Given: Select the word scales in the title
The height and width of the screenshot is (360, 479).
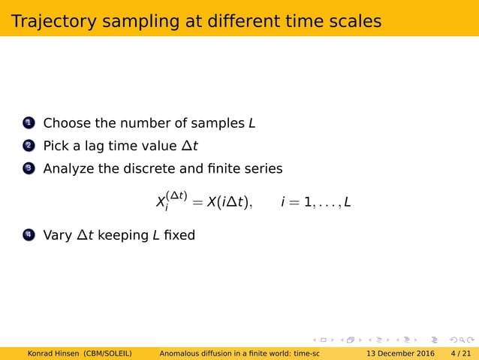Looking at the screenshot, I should (353, 21).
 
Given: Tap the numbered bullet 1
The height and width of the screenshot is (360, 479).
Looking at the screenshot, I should (28, 123).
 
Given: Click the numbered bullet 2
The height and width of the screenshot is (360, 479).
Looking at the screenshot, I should (28, 145).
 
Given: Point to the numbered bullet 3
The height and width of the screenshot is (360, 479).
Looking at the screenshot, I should (28, 168).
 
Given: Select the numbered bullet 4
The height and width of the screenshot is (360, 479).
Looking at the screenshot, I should (28, 235).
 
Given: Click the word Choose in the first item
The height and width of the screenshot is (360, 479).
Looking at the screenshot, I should (65, 123).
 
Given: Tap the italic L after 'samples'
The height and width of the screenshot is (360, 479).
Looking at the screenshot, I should (252, 123).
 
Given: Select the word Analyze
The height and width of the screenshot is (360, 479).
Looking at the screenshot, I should (68, 168).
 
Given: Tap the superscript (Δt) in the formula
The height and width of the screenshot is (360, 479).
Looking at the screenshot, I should (176, 195).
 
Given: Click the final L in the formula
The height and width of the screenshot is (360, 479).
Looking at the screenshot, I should (348, 202).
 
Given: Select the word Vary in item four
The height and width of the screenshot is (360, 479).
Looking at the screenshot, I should (58, 235).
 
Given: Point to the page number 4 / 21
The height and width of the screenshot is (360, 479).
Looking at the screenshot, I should (460, 353).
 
